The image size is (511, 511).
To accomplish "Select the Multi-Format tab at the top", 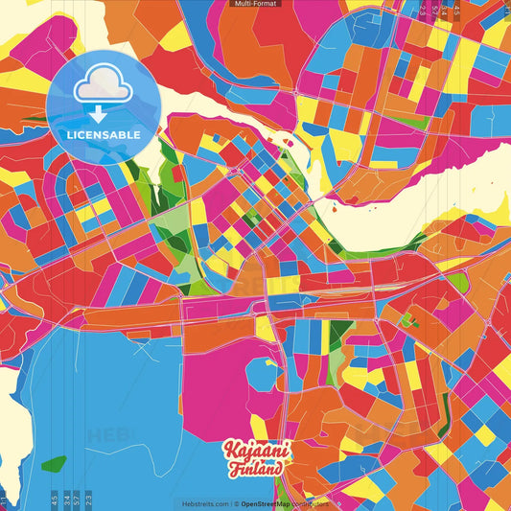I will click(254, 4).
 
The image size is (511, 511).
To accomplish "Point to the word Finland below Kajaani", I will click(256, 469).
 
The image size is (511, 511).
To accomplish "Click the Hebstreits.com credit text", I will click(203, 503).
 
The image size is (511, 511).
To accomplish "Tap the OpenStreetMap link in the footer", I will click(268, 503).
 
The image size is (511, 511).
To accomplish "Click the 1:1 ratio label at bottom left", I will click(3, 499).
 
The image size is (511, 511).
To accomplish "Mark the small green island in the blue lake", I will click(54, 464).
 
